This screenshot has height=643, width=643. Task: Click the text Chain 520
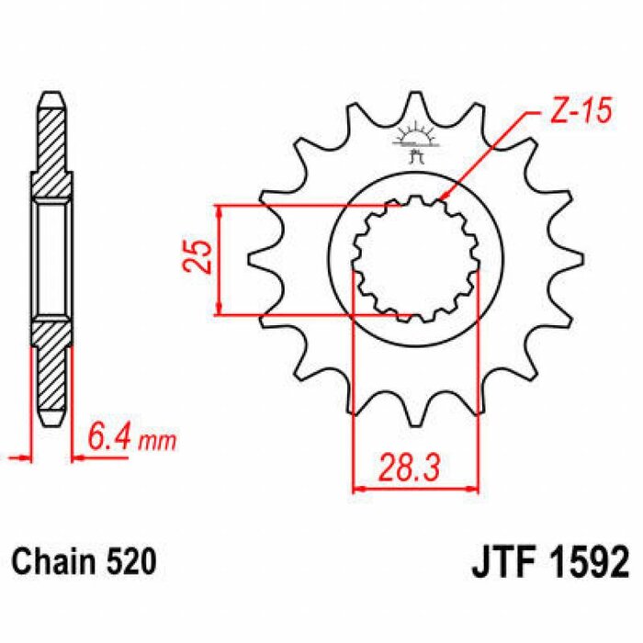tap(78, 560)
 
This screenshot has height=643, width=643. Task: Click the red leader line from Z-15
tap(487, 156)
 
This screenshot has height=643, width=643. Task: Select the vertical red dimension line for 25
tap(220, 260)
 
